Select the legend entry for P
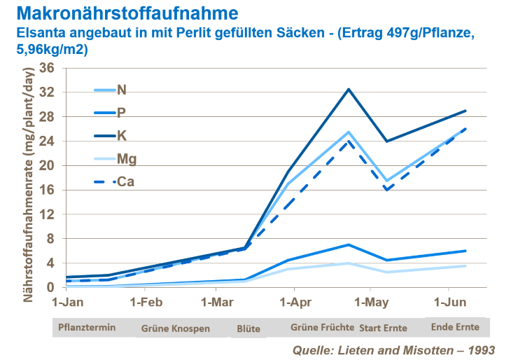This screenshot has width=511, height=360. (x=121, y=112)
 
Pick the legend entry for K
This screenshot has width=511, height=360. (x=121, y=134)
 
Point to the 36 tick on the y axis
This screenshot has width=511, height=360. (x=47, y=68)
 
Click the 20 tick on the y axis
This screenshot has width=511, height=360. (x=47, y=166)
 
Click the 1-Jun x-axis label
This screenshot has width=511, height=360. (x=447, y=303)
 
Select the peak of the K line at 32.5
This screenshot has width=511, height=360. (x=349, y=89)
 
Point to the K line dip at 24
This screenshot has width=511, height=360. (x=386, y=141)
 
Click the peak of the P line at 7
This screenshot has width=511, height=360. (x=349, y=244)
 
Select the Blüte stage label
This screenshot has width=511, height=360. (x=248, y=327)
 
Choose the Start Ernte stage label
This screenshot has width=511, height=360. (x=384, y=327)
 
